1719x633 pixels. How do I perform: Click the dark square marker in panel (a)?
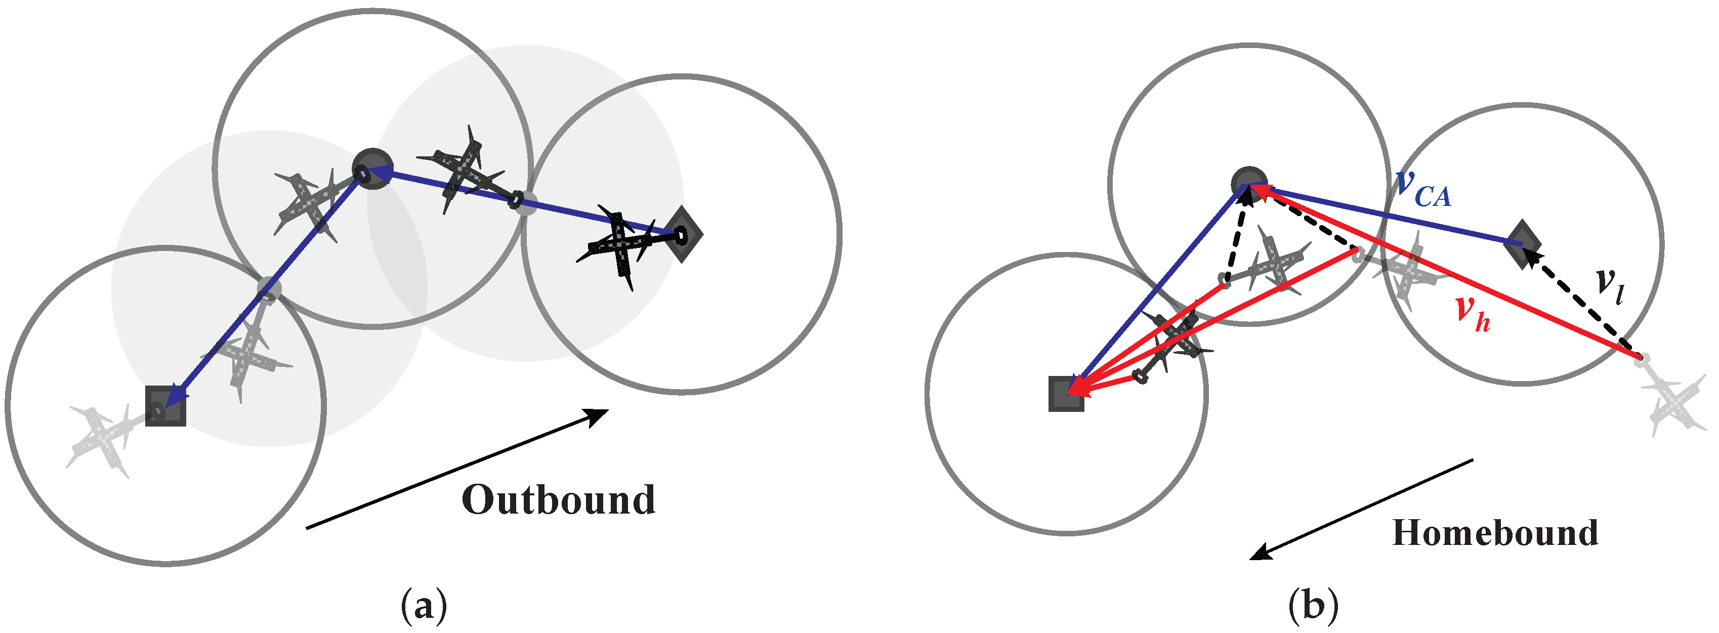[x=165, y=405]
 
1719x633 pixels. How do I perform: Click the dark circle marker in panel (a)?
[x=372, y=168]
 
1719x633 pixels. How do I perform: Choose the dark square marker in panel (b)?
[x=1066, y=394]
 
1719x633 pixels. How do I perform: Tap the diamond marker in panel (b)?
[x=1522, y=244]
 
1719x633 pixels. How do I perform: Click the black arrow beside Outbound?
[x=457, y=469]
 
